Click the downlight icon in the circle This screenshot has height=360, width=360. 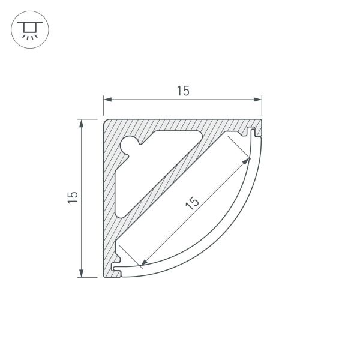(28, 30)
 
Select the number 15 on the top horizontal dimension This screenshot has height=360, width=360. (183, 91)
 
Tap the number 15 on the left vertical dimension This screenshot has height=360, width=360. (73, 197)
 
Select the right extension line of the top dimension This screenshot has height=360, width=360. (262, 108)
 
